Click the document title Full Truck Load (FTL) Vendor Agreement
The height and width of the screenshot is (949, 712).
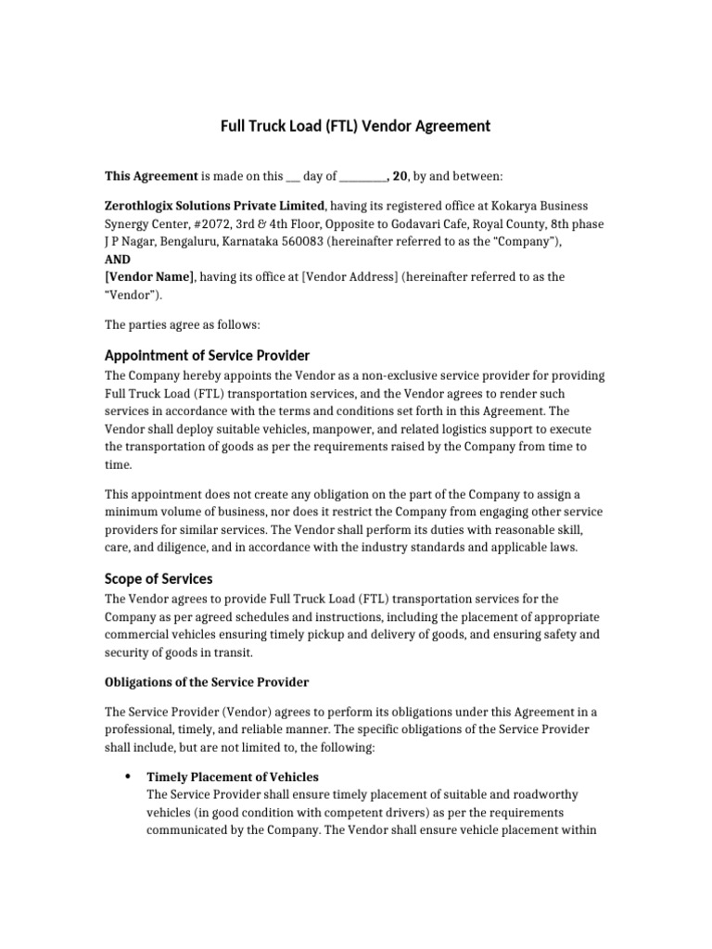click(x=355, y=125)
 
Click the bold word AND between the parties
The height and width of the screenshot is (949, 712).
click(x=118, y=259)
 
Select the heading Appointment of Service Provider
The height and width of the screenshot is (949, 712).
click(x=207, y=356)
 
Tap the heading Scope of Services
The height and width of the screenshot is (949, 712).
click(x=159, y=578)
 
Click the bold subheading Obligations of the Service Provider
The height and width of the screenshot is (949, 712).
click(x=207, y=682)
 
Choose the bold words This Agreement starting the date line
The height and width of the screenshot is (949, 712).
click(x=151, y=175)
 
